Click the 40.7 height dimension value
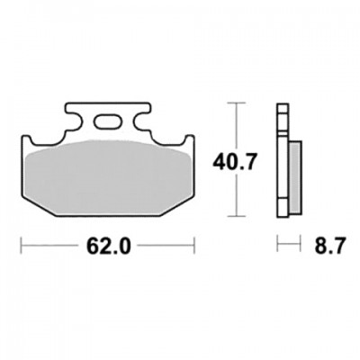click(x=235, y=163)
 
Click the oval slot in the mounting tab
click(x=108, y=122)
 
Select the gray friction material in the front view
click(x=108, y=176)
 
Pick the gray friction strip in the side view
click(x=295, y=177)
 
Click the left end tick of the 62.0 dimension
click(x=21, y=246)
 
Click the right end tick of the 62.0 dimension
click(x=194, y=246)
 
